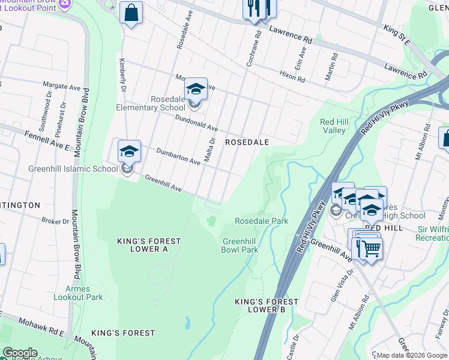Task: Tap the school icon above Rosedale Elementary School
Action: click(x=196, y=89)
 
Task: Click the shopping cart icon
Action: click(x=370, y=247)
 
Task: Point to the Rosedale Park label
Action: click(x=261, y=221)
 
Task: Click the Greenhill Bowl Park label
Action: click(x=240, y=245)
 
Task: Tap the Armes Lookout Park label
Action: click(x=79, y=293)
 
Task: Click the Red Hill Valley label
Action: click(x=333, y=126)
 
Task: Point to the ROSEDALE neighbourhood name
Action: click(x=246, y=142)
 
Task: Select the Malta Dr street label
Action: click(x=209, y=149)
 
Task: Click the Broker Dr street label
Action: click(x=55, y=221)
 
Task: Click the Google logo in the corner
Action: click(x=20, y=353)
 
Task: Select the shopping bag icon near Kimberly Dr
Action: click(x=131, y=13)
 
